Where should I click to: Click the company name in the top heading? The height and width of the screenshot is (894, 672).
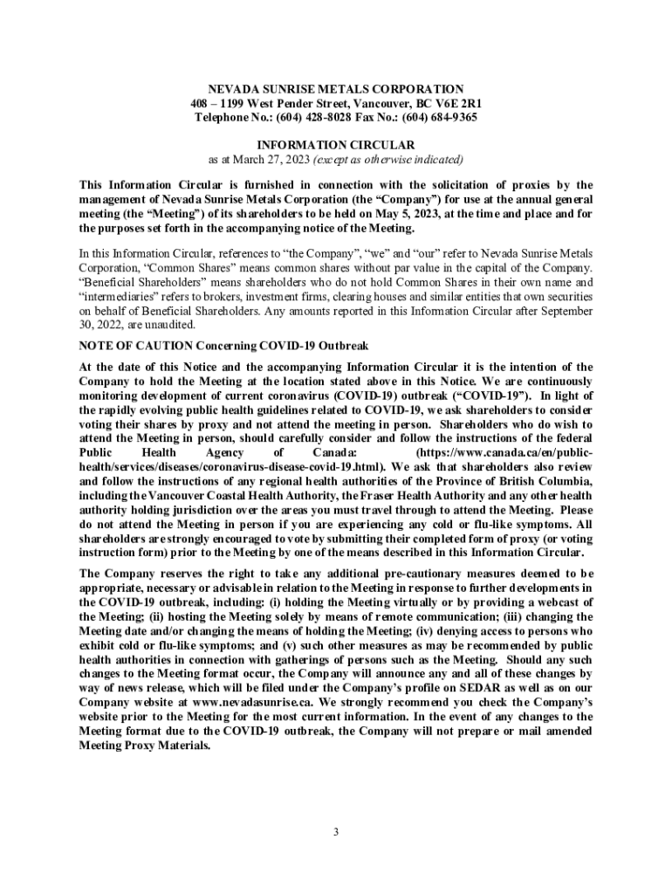(335, 89)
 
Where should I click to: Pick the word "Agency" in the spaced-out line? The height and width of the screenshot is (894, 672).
(226, 452)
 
